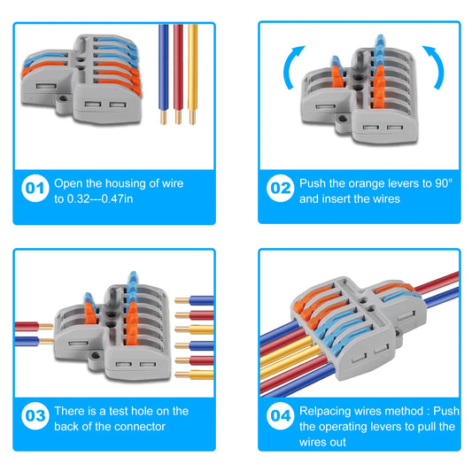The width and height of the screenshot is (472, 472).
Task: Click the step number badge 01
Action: [x=34, y=189]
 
